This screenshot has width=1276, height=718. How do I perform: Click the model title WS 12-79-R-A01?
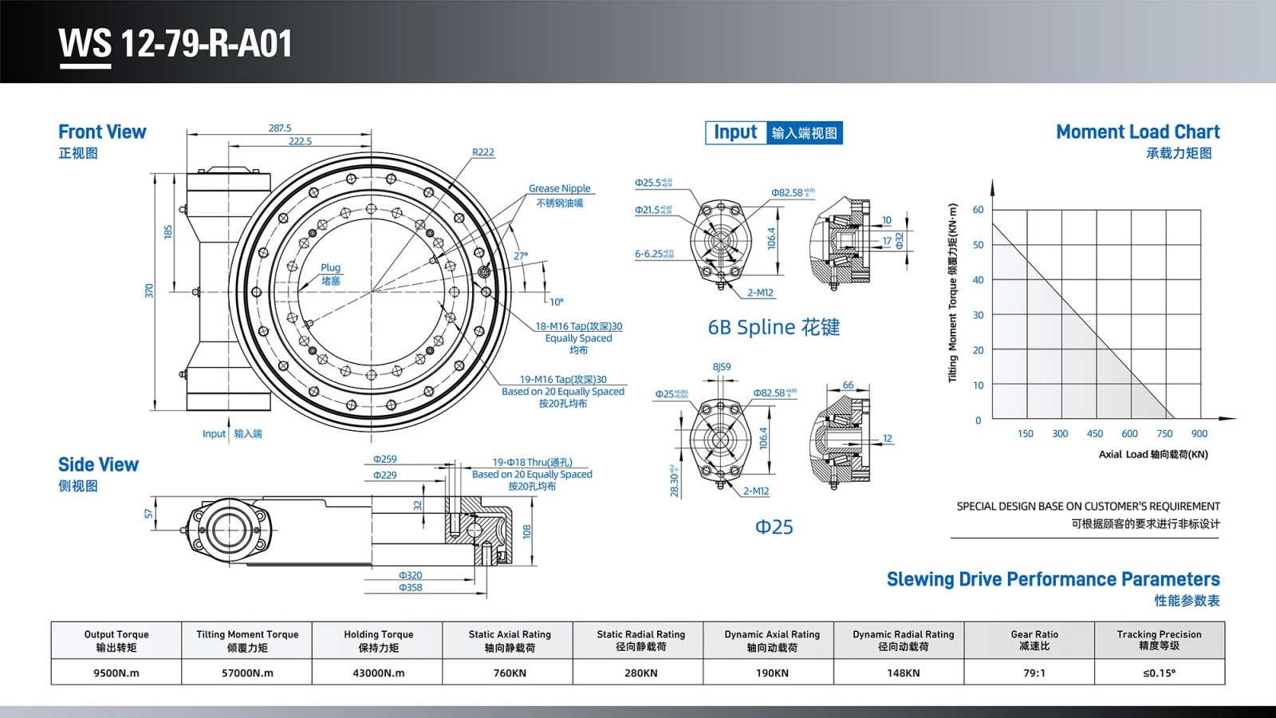pyautogui.click(x=175, y=44)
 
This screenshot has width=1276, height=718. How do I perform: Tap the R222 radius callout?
pyautogui.click(x=482, y=152)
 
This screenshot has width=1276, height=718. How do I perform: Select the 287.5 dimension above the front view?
pyautogui.click(x=280, y=128)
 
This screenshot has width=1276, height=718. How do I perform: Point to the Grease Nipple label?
pyautogui.click(x=559, y=188)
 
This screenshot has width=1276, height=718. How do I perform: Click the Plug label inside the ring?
pyautogui.click(x=330, y=268)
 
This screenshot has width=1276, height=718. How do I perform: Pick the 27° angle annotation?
pyautogui.click(x=521, y=256)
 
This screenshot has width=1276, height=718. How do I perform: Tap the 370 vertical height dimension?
pyautogui.click(x=149, y=291)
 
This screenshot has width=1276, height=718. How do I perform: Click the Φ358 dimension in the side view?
pyautogui.click(x=410, y=587)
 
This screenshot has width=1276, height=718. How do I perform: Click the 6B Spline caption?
pyautogui.click(x=773, y=327)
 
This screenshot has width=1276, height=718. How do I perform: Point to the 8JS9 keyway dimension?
pyautogui.click(x=721, y=367)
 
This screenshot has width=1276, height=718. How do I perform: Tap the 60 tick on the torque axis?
pyautogui.click(x=978, y=210)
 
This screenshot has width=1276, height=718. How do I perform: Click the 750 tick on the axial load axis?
pyautogui.click(x=1164, y=434)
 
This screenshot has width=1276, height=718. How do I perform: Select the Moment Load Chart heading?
pyautogui.click(x=1137, y=132)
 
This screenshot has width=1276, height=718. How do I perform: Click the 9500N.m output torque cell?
pyautogui.click(x=116, y=673)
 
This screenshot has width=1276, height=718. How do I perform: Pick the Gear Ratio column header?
pyautogui.click(x=1034, y=640)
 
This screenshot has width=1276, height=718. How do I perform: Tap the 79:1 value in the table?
pyautogui.click(x=1034, y=673)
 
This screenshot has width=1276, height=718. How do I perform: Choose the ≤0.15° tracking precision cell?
pyautogui.click(x=1159, y=673)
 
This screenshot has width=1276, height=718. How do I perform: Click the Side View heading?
pyautogui.click(x=98, y=465)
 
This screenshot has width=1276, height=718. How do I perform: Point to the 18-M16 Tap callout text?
pyautogui.click(x=578, y=326)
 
